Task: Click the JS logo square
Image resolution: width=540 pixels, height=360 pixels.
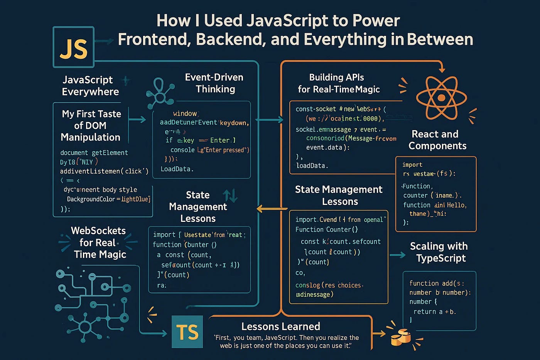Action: tap(73, 47)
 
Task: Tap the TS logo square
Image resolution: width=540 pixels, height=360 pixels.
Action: tap(187, 331)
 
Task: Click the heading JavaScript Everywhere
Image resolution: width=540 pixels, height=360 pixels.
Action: tap(90, 86)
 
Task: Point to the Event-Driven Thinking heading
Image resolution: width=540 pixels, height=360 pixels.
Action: tap(214, 83)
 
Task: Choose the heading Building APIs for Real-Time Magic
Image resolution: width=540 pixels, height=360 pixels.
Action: tap(338, 83)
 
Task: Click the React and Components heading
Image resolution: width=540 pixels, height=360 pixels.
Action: tap(437, 140)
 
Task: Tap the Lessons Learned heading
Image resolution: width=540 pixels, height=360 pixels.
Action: tap(280, 326)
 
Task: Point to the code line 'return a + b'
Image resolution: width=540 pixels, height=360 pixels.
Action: tap(434, 311)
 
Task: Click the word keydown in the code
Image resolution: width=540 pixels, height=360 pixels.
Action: tap(233, 123)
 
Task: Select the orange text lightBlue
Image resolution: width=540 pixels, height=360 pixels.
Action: tap(135, 199)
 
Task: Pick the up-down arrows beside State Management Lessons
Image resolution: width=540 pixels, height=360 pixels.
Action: tap(230, 195)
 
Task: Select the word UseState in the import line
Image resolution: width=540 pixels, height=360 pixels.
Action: tap(197, 235)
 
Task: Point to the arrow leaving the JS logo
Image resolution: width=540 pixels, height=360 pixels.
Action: tap(104, 41)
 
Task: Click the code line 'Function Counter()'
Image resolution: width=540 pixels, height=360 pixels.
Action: tap(326, 230)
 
